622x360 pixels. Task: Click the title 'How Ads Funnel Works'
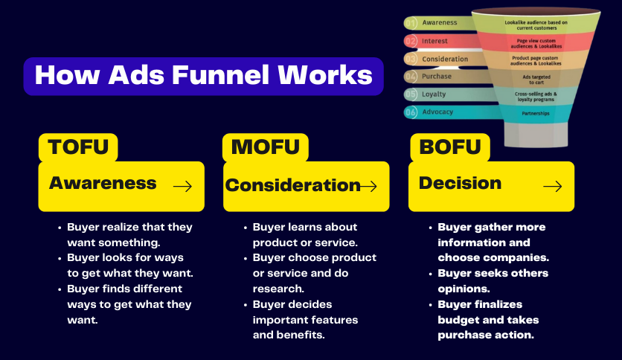pos(203,76)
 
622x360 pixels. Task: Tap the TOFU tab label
pos(78,147)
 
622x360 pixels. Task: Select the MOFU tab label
pos(265,147)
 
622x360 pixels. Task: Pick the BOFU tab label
pos(449,147)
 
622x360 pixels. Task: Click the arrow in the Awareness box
pos(182,187)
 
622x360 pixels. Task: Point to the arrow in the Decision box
pos(552,187)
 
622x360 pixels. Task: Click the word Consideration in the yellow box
pos(292,186)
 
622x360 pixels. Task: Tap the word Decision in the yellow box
pos(460,183)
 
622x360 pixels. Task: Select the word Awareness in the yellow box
pos(103,183)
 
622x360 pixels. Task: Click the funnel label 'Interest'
pos(435,41)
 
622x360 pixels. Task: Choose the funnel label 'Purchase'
pos(437,77)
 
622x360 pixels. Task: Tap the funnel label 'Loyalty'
pos(435,94)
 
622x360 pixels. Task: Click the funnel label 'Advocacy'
pos(437,112)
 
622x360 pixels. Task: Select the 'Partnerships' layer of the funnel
pos(536,114)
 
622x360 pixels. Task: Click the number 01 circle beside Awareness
pos(411,23)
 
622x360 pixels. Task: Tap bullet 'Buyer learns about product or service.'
pos(304,234)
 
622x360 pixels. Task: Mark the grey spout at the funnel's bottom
pos(535,135)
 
